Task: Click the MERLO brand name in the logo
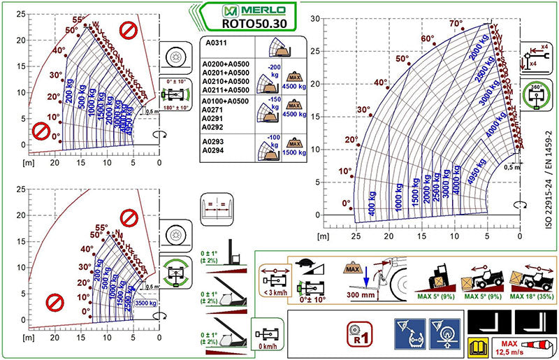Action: (255, 10)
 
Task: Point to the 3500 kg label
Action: (146, 303)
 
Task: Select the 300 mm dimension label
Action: (361, 294)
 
